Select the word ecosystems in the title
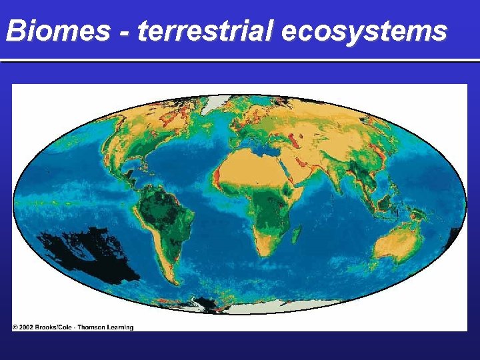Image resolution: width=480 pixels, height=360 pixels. tap(364, 31)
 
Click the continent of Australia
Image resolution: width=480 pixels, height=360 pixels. tap(397, 243)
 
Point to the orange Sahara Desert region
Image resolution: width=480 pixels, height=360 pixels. tap(250, 163)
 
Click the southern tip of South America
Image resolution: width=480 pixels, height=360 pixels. tap(173, 280)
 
